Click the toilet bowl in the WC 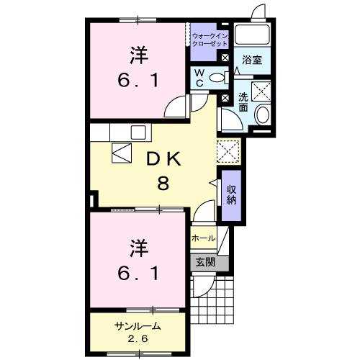(x=217, y=78)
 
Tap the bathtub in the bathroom (x=252, y=34)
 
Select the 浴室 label (x=252, y=60)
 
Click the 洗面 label (x=243, y=102)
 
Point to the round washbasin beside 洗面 (x=263, y=114)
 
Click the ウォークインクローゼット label (x=210, y=40)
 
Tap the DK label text (x=163, y=159)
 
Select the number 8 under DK (x=163, y=183)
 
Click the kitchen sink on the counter (x=138, y=132)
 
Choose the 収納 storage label (x=231, y=195)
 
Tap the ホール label (x=203, y=238)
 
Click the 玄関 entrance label (x=205, y=263)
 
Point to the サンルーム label (x=138, y=326)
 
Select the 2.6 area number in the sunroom (x=138, y=339)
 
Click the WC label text (x=199, y=78)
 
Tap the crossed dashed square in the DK (x=228, y=151)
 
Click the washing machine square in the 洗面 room (x=261, y=91)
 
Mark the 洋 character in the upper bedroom (x=139, y=55)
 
